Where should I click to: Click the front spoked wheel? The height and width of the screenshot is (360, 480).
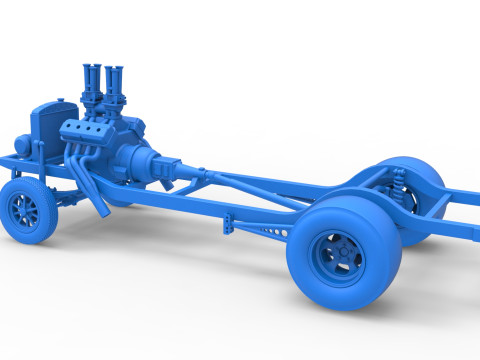[x=29, y=212]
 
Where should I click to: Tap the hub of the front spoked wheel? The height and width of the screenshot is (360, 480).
[x=24, y=212]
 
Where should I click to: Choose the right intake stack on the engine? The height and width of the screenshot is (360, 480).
[x=116, y=84]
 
